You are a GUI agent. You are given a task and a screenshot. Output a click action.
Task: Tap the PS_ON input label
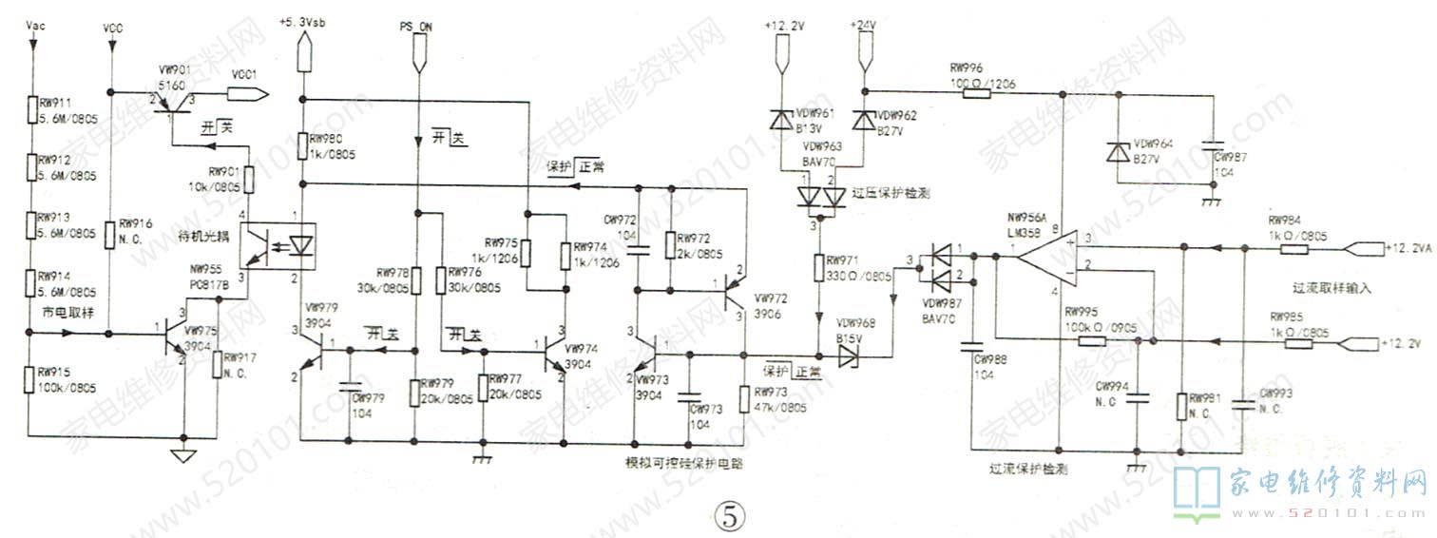coord(416,28)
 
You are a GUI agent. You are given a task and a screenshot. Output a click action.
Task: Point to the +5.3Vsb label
coord(302,21)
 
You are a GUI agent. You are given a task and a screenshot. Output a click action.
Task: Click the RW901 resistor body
coord(248,178)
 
